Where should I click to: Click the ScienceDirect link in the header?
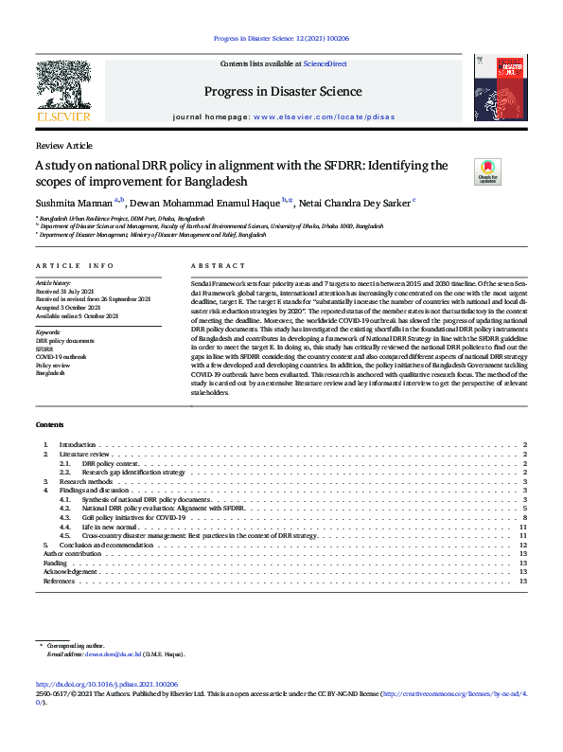click(x=325, y=63)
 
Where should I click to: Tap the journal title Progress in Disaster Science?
click(x=283, y=92)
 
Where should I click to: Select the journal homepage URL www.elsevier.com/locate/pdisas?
click(x=312, y=116)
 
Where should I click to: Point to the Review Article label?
click(x=63, y=146)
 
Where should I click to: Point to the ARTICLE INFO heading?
click(x=74, y=266)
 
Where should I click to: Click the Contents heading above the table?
click(x=50, y=425)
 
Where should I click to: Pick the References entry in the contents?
click(x=60, y=582)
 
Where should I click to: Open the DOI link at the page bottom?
click(x=107, y=684)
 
